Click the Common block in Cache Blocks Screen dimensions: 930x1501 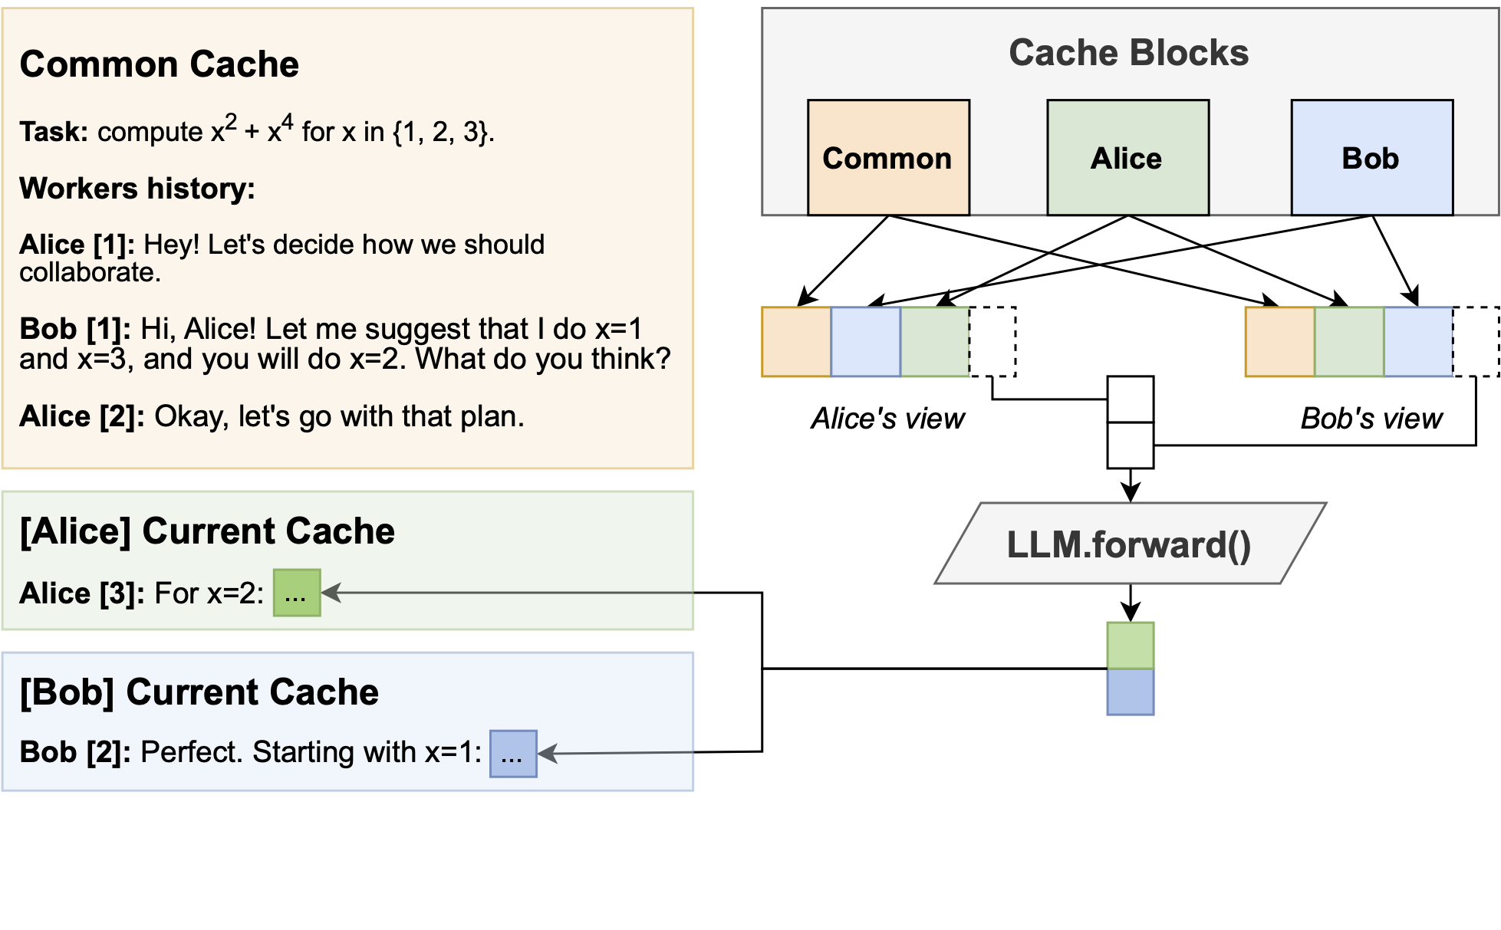pyautogui.click(x=888, y=158)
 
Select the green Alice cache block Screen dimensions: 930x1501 pyautogui.click(x=1127, y=158)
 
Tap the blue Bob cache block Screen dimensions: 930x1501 pyautogui.click(x=1371, y=158)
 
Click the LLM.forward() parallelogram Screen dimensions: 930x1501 pyautogui.click(x=1130, y=544)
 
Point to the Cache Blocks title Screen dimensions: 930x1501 pyautogui.click(x=1128, y=53)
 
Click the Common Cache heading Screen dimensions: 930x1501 pyautogui.click(x=159, y=64)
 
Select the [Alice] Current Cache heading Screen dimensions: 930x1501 pyautogui.click(x=207, y=531)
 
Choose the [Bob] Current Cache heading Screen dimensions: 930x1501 pyautogui.click(x=199, y=692)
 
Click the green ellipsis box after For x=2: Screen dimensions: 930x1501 pyautogui.click(x=297, y=593)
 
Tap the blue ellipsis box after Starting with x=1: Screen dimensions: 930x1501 pyautogui.click(x=513, y=754)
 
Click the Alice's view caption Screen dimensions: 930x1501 pyautogui.click(x=887, y=419)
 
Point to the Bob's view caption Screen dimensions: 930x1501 pyautogui.click(x=1371, y=419)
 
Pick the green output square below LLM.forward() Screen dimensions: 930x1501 pyautogui.click(x=1130, y=646)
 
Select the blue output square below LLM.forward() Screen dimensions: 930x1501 pyautogui.click(x=1130, y=692)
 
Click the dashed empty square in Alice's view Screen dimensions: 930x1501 pyautogui.click(x=992, y=342)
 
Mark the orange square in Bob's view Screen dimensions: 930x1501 pyautogui.click(x=1279, y=342)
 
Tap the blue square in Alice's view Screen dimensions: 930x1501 pyautogui.click(x=865, y=342)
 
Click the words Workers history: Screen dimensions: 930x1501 pyautogui.click(x=137, y=189)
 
